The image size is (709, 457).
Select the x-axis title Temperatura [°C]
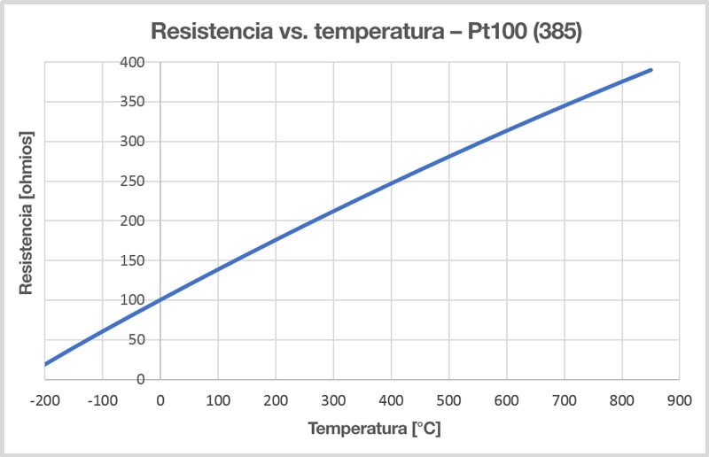[x=374, y=430]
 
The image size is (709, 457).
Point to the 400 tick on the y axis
[x=134, y=62]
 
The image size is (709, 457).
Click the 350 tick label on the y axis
[x=134, y=102]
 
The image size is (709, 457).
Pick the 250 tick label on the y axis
[x=134, y=181]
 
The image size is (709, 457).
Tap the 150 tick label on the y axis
[x=134, y=260]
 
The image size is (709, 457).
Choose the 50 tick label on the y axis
[x=136, y=339]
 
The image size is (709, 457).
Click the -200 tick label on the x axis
[x=44, y=399]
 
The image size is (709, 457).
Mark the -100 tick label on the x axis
[x=102, y=399]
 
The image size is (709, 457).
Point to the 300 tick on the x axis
[x=333, y=399]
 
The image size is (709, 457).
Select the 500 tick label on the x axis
[x=448, y=399]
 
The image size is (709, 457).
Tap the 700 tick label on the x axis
[x=565, y=399]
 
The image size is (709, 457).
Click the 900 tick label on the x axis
[x=680, y=399]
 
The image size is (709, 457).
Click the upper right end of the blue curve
[x=651, y=70]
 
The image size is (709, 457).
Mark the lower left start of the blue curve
[x=45, y=363]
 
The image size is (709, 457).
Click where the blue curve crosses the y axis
[x=160, y=300]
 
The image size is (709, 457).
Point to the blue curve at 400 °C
[x=391, y=183]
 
